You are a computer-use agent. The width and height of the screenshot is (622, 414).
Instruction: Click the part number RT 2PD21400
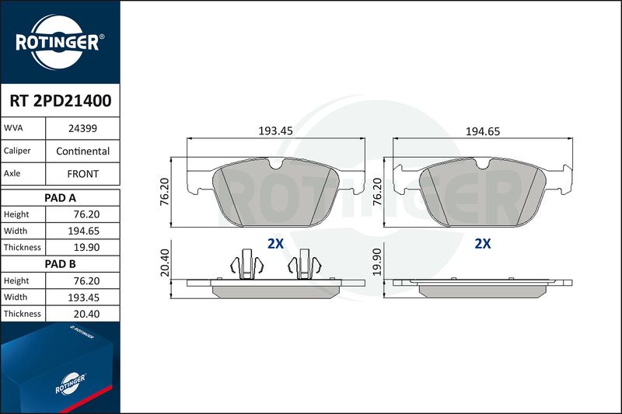pyautogui.click(x=61, y=101)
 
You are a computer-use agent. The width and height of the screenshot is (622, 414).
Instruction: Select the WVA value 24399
pyautogui.click(x=82, y=128)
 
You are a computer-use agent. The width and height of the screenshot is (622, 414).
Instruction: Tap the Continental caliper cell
pyautogui.click(x=82, y=151)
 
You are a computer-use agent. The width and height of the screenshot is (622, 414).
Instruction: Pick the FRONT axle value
pyautogui.click(x=82, y=174)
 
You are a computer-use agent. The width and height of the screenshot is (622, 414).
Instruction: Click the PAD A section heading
pyautogui.click(x=60, y=198)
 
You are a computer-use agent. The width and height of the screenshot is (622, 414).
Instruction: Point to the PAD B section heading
pyautogui.click(x=60, y=264)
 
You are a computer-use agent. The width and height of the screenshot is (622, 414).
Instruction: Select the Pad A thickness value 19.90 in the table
pyautogui.click(x=86, y=247)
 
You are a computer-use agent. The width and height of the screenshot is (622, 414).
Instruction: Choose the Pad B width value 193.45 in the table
pyautogui.click(x=83, y=297)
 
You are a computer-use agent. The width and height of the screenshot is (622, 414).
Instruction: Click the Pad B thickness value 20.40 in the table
pyautogui.click(x=86, y=314)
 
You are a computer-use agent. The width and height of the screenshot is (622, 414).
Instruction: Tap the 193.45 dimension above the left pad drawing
pyautogui.click(x=275, y=130)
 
